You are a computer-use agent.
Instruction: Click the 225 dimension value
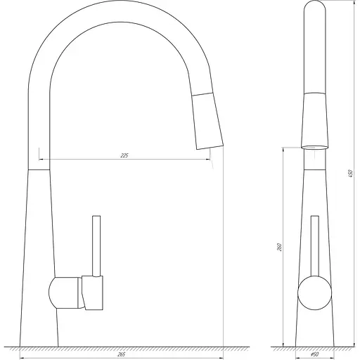tap(124, 155)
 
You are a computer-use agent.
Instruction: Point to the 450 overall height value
tap(350, 173)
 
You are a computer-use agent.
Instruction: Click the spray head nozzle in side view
tap(208, 123)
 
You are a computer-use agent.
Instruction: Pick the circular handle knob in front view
tap(314, 292)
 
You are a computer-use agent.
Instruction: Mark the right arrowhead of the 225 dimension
tap(209, 160)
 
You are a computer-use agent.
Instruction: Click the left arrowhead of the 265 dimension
tap(22, 348)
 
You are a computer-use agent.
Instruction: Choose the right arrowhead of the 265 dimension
tap(222, 348)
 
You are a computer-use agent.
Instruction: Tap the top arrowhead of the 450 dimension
tap(346, 3)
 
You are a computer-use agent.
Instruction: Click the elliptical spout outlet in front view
tap(315, 146)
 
